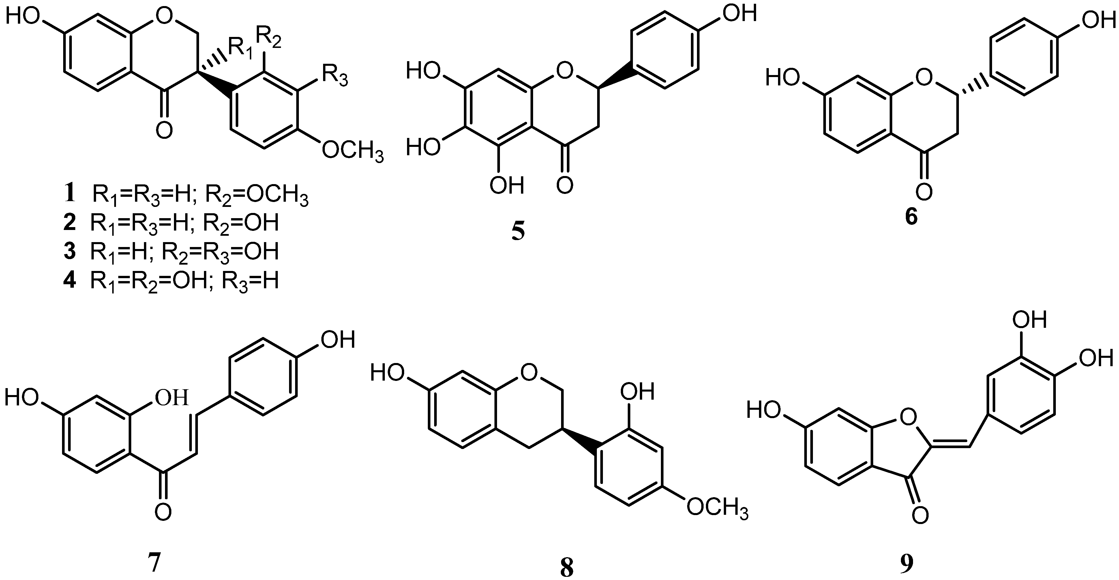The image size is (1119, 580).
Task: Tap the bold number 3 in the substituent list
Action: [x=70, y=252]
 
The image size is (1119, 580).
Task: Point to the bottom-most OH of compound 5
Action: [x=507, y=186]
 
